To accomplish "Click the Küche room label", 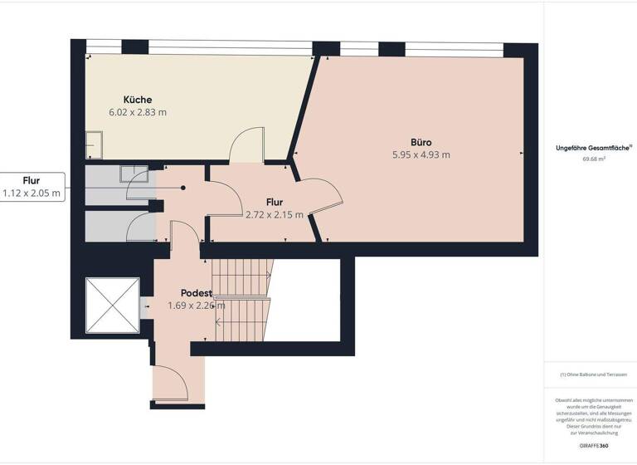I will click(138, 100).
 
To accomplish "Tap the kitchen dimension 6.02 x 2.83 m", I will click(138, 112).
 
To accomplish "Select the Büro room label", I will click(421, 142).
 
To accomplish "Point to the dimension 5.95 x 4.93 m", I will click(421, 154).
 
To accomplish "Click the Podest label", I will click(197, 293).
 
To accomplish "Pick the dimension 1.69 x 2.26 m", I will click(197, 306).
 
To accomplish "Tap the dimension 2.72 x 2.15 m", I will click(275, 214).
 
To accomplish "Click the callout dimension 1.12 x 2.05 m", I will click(32, 193).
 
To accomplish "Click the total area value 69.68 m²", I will click(594, 159).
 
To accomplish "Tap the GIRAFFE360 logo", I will click(593, 446).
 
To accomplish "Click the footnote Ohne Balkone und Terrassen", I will click(593, 374).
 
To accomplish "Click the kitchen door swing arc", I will click(247, 145).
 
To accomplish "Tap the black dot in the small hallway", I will click(183, 188).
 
